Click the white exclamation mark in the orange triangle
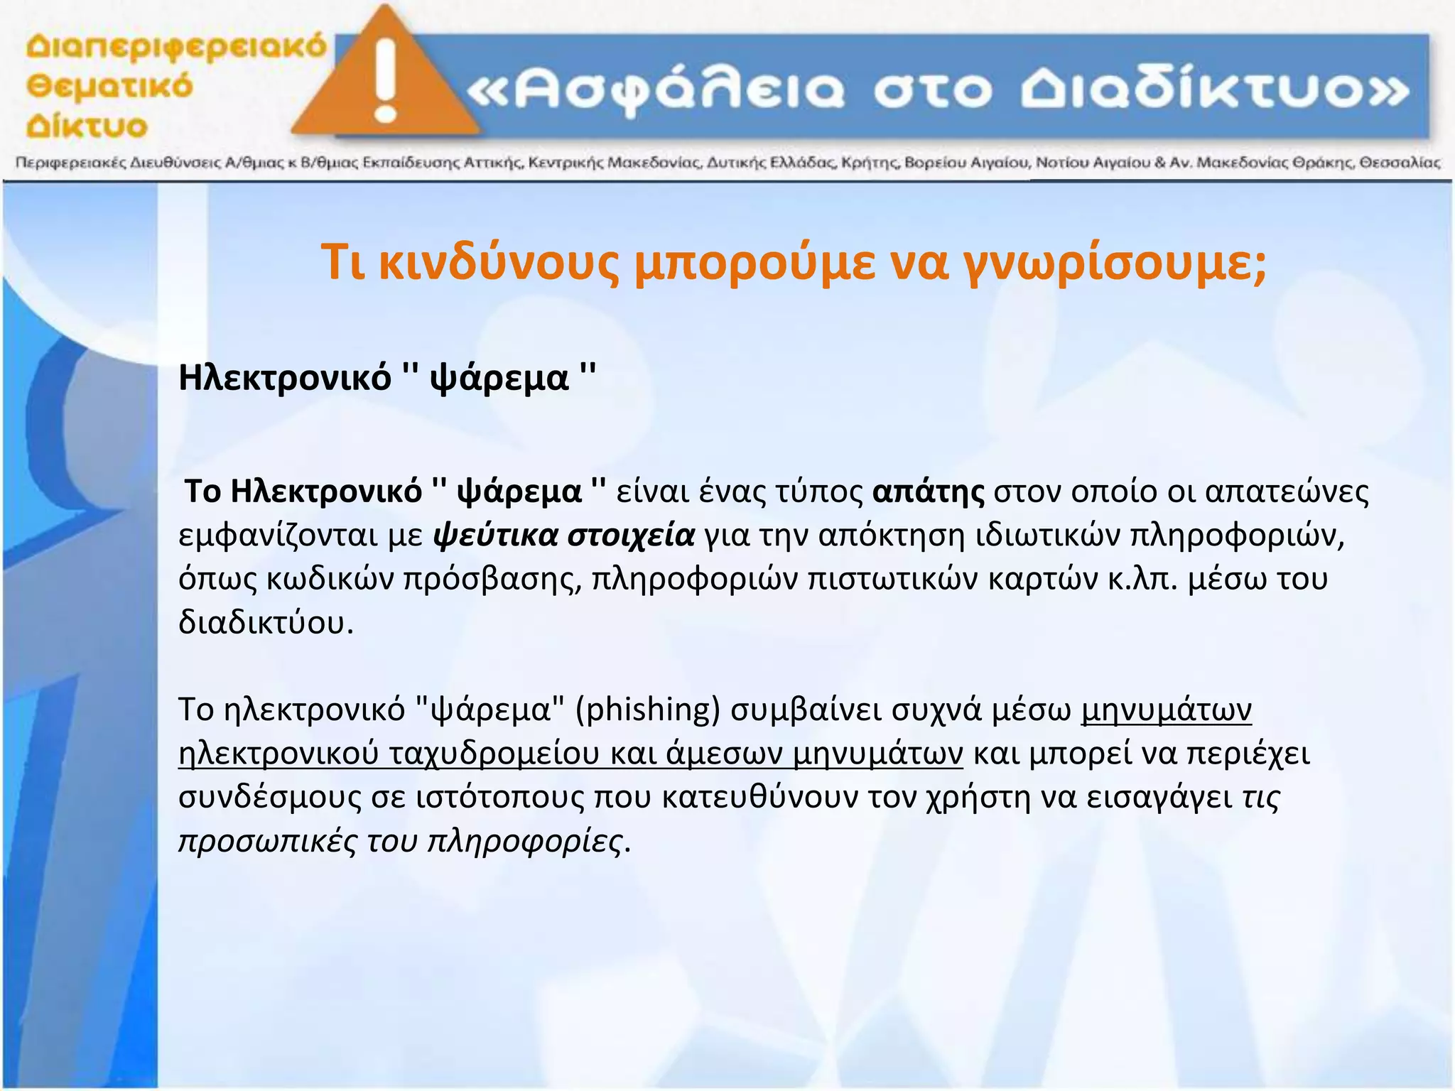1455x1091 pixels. [x=386, y=80]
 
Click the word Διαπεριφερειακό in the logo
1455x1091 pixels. [x=176, y=48]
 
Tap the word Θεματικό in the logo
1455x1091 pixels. [x=109, y=87]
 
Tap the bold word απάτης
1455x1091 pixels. [x=928, y=492]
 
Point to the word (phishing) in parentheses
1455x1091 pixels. [x=647, y=710]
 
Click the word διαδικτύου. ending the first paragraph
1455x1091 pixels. [x=266, y=623]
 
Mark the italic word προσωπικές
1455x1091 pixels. [x=267, y=841]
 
